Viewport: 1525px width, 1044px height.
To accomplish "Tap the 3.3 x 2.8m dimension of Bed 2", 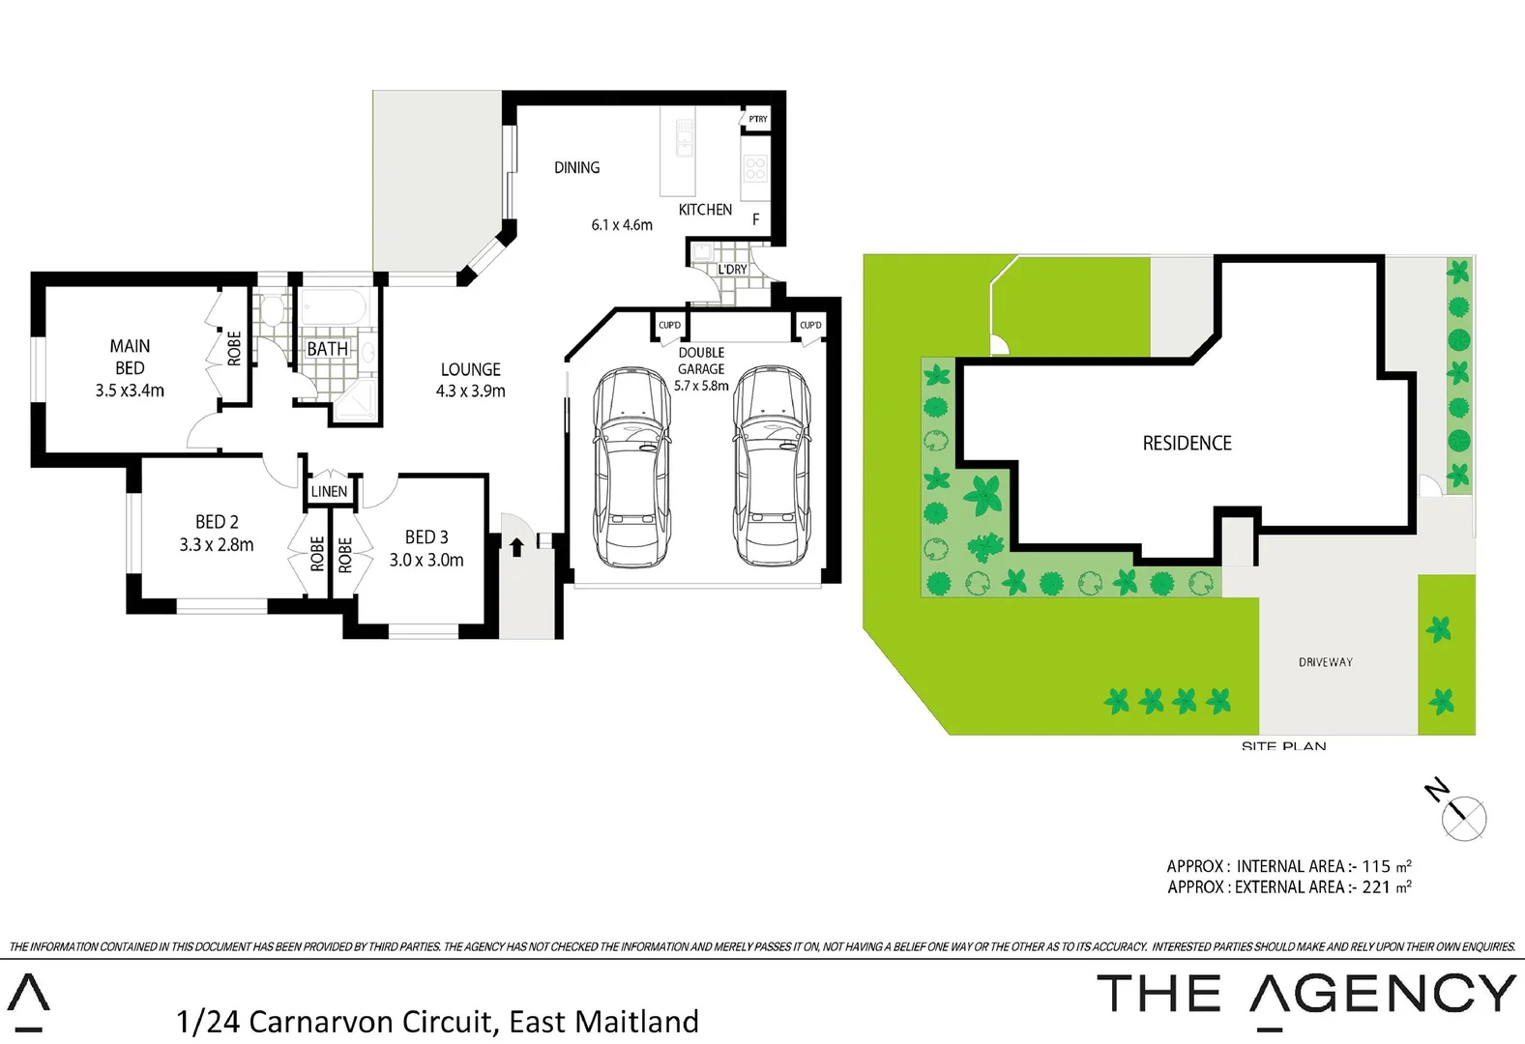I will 217,545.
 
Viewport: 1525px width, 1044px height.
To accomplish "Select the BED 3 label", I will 426,537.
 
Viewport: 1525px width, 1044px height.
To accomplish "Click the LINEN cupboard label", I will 329,492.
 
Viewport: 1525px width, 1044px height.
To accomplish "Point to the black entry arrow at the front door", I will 516,547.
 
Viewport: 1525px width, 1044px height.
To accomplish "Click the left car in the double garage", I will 631,466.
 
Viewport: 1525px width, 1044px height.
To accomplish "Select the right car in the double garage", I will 772,466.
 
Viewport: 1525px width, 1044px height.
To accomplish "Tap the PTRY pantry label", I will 758,119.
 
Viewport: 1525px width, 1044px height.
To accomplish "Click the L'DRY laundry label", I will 732,270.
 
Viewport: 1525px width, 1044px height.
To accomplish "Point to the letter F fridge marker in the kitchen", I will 756,220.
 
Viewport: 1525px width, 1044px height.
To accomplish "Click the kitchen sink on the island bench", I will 685,138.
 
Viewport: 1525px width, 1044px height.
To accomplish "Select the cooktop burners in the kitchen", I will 755,169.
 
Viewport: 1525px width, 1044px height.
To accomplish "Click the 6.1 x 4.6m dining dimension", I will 622,225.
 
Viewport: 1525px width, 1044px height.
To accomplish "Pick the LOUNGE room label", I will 471,369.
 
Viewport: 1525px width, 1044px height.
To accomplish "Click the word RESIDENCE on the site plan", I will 1187,444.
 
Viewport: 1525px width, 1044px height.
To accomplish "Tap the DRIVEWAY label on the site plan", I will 1325,662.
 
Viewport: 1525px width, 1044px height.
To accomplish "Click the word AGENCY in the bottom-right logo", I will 1383,995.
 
